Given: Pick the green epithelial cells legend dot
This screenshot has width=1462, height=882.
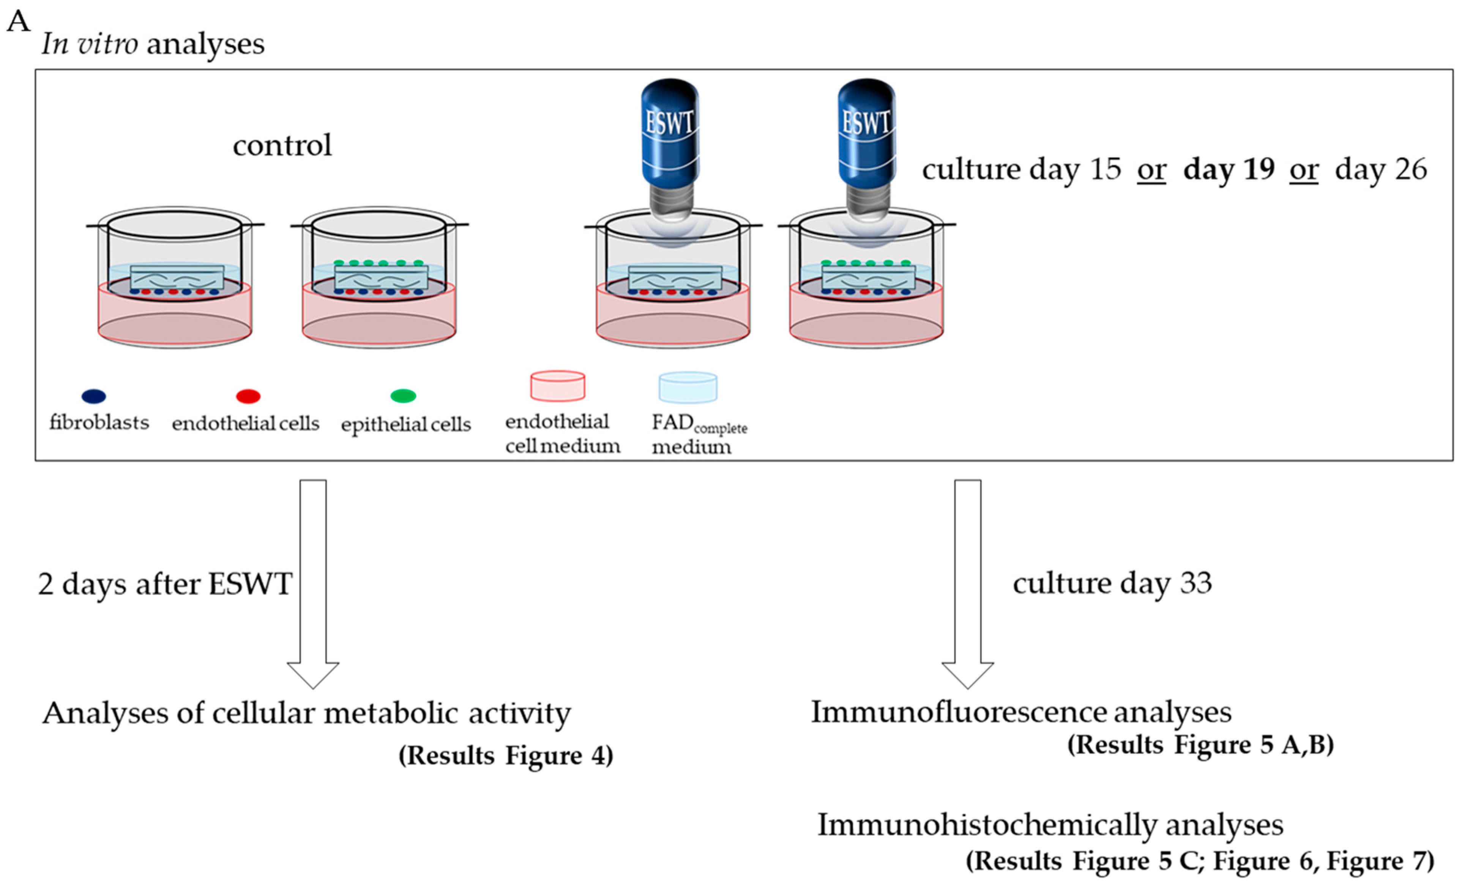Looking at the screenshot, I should pyautogui.click(x=404, y=395).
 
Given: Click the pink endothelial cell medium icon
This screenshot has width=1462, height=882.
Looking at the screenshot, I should pyautogui.click(x=557, y=386).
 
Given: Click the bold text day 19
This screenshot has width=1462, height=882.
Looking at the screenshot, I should pyautogui.click(x=1229, y=170).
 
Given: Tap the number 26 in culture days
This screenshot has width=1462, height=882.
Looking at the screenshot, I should pyautogui.click(x=1410, y=170).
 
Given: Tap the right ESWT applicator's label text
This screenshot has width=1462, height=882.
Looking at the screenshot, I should pyautogui.click(x=866, y=123).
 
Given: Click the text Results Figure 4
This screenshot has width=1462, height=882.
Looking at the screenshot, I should pyautogui.click(x=506, y=756).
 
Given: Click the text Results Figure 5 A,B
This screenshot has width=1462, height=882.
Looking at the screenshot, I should pyautogui.click(x=1200, y=744).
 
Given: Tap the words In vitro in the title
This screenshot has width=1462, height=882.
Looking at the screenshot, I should pyautogui.click(x=90, y=44).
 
